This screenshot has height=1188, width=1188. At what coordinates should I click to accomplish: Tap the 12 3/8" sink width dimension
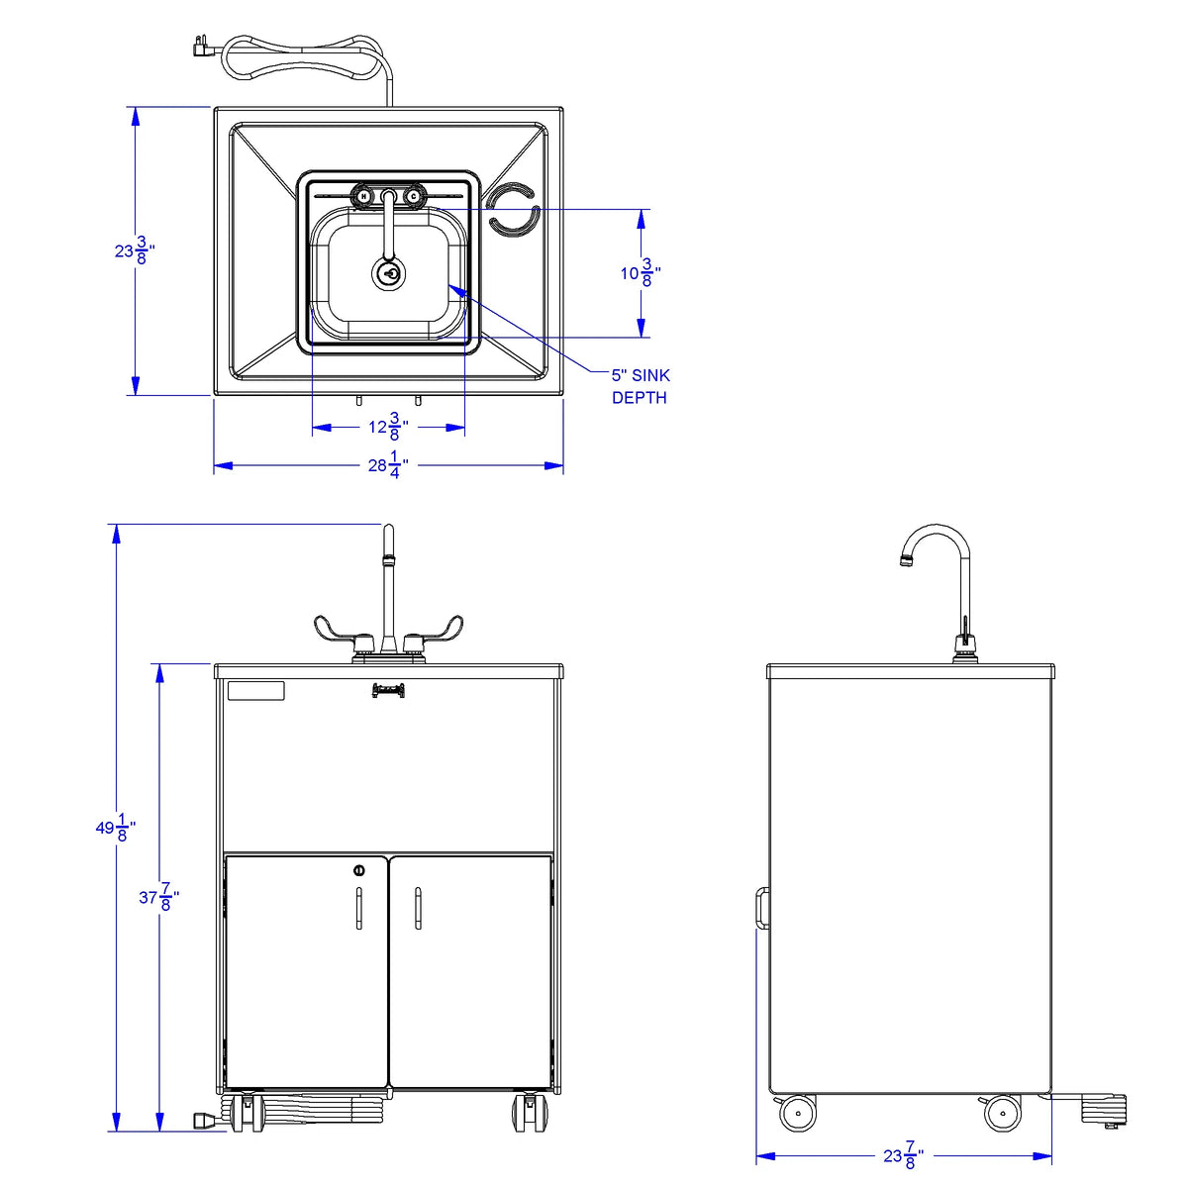click(x=388, y=428)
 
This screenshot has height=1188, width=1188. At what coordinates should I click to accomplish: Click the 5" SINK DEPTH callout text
click(x=640, y=386)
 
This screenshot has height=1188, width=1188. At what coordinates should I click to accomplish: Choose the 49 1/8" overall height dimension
click(x=115, y=828)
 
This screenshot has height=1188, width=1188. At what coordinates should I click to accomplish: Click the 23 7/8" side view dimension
click(x=903, y=1155)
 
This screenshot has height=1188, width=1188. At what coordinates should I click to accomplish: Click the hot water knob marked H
click(x=363, y=196)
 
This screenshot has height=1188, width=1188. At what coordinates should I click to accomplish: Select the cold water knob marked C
click(x=413, y=196)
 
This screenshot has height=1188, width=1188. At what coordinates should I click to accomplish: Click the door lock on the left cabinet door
click(x=358, y=870)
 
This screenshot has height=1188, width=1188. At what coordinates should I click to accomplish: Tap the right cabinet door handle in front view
click(x=418, y=909)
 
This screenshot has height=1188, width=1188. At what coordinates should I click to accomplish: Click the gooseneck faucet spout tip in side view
click(x=906, y=561)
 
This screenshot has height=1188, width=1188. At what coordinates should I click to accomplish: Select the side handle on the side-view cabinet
click(x=762, y=907)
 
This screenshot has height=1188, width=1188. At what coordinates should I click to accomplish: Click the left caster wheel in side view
click(x=797, y=1115)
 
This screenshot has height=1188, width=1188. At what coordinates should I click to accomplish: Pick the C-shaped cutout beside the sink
click(x=512, y=210)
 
